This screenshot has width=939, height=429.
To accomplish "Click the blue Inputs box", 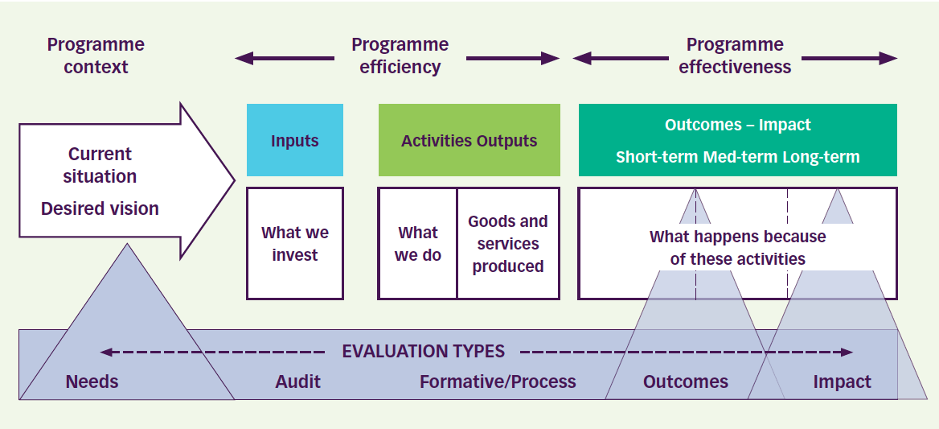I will pos(294,140).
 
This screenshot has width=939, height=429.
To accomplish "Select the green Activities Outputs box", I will pos(469,140).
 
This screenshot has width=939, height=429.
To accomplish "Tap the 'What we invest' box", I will pos(294,244).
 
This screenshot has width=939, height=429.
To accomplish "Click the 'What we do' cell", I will pos(417,244).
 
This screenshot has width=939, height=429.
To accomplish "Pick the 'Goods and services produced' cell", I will pos(507,244).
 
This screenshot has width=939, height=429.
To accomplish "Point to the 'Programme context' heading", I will pos(96,56).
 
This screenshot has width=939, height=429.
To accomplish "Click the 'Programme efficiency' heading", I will pos(400,56).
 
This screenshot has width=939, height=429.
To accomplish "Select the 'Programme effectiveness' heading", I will pos(735,56).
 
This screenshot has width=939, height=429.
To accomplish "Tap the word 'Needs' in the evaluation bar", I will pos(92,382).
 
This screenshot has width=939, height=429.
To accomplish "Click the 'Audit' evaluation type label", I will pos(297,382).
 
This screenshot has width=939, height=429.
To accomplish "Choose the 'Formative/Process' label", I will pos(498,382).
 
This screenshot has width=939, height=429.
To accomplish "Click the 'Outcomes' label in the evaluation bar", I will pos(685,382).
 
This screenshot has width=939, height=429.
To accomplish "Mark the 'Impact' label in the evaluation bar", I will pos(842,382).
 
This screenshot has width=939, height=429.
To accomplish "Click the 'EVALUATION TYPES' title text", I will pos(423,352).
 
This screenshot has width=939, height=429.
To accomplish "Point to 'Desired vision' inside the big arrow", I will pos(100,208).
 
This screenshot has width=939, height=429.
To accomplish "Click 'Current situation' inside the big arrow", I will pos(100,165).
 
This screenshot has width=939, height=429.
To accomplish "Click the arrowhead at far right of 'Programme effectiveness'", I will pos(888,58).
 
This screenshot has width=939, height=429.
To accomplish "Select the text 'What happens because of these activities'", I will pos(737,248).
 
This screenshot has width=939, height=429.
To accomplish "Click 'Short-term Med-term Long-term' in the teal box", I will pos(737,157).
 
